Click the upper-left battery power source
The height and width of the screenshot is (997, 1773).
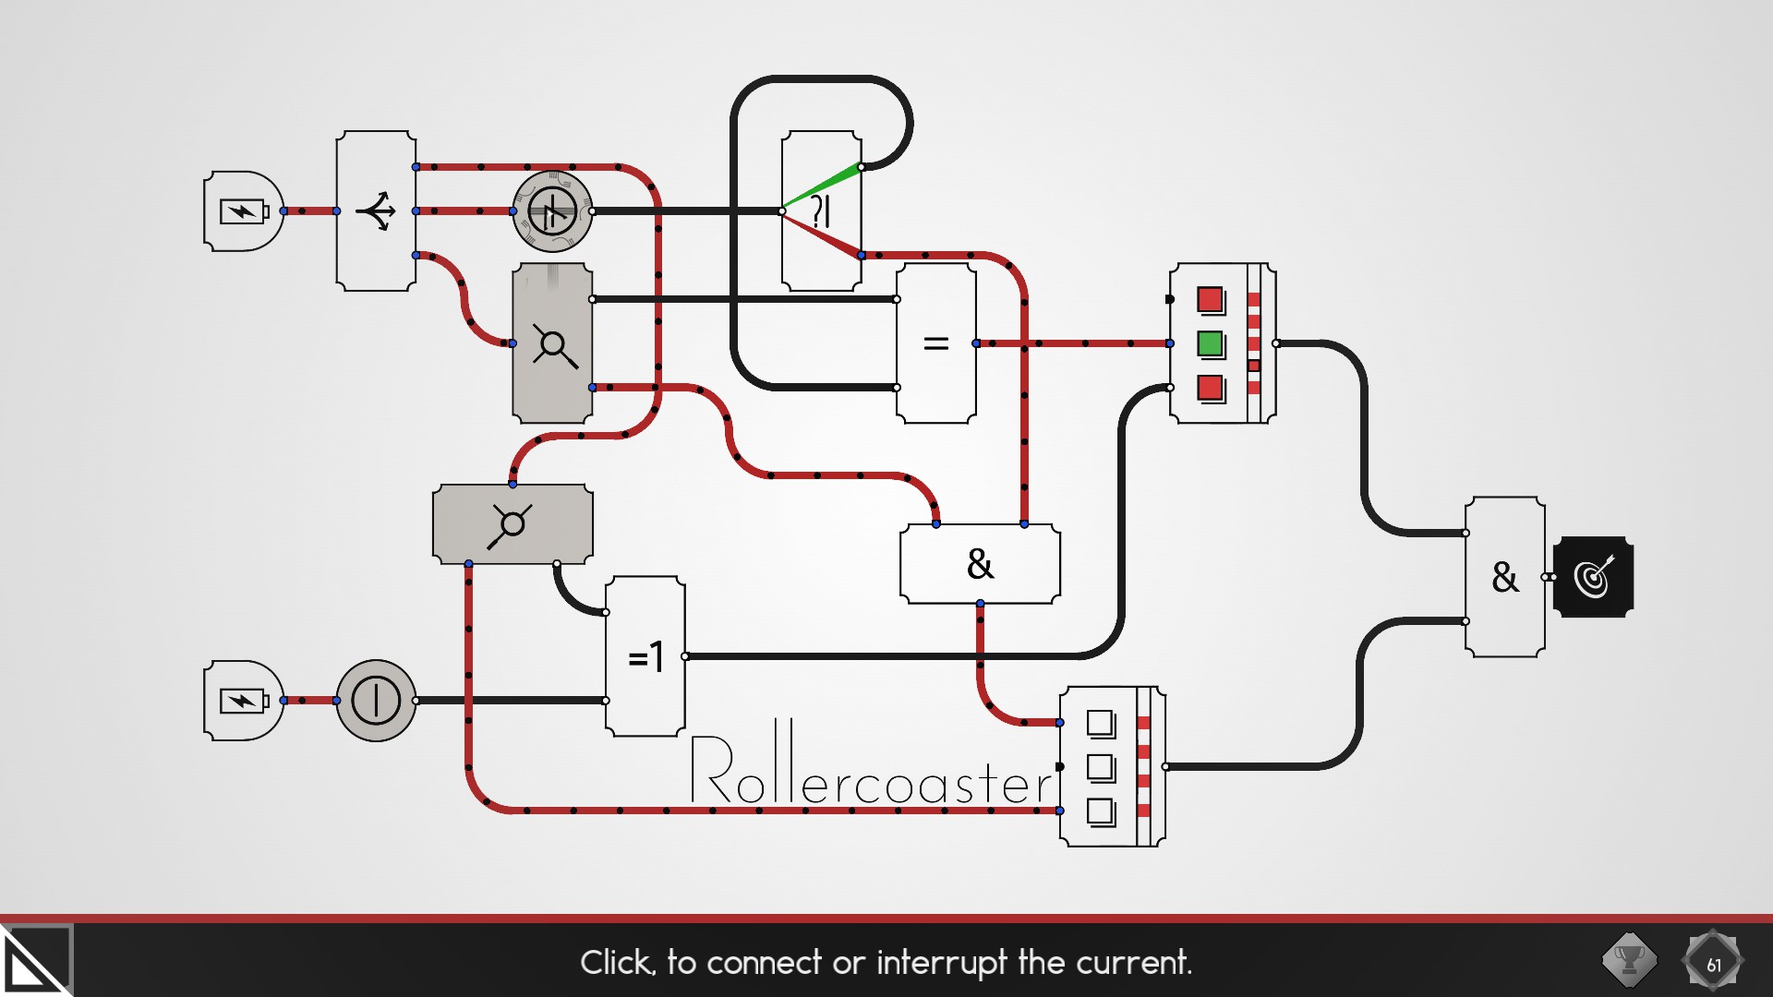click(x=243, y=211)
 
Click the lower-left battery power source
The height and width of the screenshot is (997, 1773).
click(x=243, y=701)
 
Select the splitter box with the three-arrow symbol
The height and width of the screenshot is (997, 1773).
click(x=376, y=211)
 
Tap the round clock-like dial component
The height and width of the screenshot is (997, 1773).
click(x=552, y=211)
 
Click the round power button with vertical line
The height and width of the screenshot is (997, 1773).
click(x=376, y=701)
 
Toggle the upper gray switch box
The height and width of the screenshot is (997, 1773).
click(x=552, y=343)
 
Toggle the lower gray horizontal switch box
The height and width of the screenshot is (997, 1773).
click(x=513, y=523)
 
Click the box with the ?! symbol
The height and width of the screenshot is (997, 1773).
click(x=821, y=211)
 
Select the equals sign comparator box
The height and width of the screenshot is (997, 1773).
click(x=935, y=343)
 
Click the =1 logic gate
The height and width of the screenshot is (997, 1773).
click(x=645, y=656)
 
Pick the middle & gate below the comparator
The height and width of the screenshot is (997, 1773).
click(x=980, y=564)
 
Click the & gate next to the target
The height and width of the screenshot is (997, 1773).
click(x=1504, y=577)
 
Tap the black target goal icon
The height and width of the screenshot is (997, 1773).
click(x=1594, y=577)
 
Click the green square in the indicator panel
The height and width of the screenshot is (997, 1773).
click(x=1210, y=344)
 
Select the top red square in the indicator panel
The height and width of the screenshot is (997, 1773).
click(x=1210, y=300)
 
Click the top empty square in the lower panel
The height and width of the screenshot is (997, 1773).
click(x=1100, y=723)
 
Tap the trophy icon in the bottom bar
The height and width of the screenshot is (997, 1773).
click(x=1629, y=960)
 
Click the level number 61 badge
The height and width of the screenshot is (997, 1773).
click(x=1713, y=962)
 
